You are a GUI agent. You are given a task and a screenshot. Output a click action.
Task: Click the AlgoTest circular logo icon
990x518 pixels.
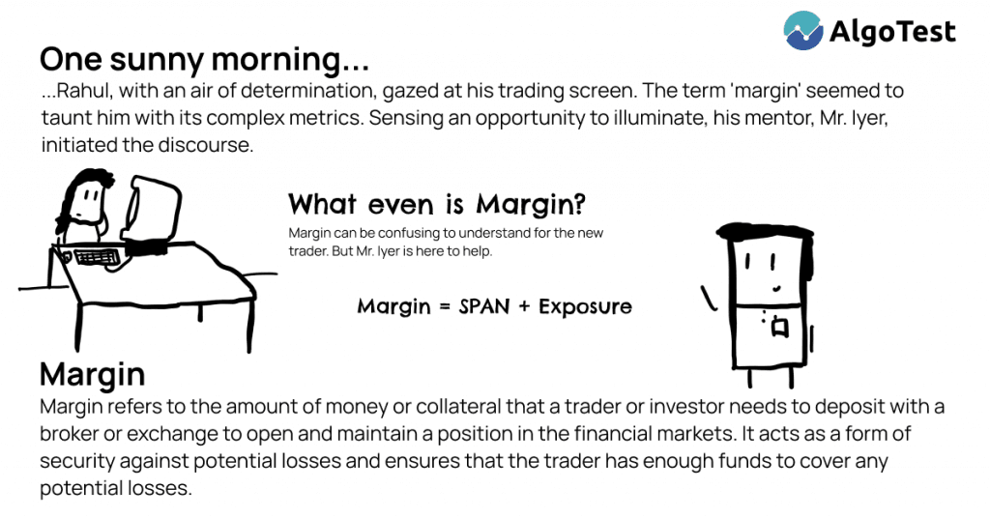803,30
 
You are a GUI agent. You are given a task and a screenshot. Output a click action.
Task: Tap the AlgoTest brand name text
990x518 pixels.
891,32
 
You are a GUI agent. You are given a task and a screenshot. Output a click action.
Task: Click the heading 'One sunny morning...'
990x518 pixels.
204,60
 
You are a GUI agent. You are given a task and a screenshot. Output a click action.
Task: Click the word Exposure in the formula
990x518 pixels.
585,307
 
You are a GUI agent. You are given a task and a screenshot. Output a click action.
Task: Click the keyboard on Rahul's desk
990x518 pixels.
96,257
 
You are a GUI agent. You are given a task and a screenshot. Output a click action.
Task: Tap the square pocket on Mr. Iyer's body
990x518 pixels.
779,330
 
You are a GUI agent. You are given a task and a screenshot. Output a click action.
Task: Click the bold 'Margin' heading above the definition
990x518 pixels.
92,374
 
